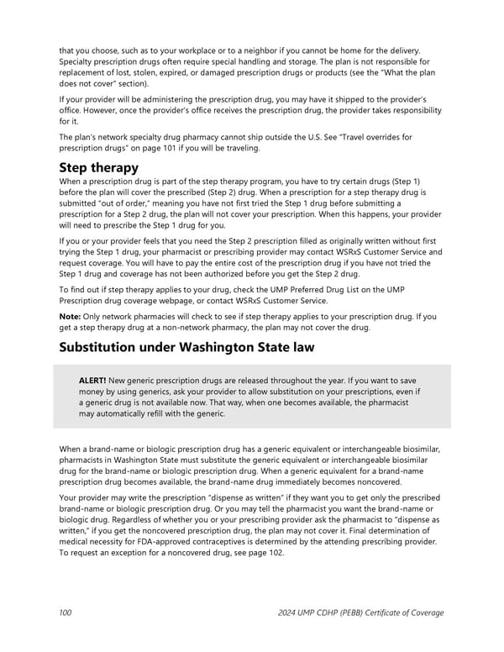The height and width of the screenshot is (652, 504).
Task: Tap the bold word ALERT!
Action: tap(92, 380)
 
